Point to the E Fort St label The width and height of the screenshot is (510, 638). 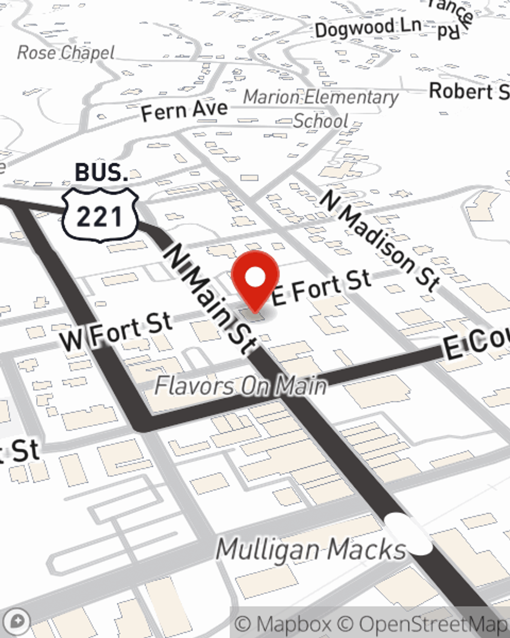pos(321,287)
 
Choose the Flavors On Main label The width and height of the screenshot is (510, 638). pos(240,385)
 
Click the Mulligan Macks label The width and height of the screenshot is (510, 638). pos(311,550)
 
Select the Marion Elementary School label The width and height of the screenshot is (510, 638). pos(321,108)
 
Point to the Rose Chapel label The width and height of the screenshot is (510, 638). pos(66,52)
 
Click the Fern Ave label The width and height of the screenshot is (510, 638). pos(184,110)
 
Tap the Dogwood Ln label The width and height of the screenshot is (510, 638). pos(368,28)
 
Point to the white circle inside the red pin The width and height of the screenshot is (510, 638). pos(255,278)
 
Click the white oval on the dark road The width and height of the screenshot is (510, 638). pos(408,534)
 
